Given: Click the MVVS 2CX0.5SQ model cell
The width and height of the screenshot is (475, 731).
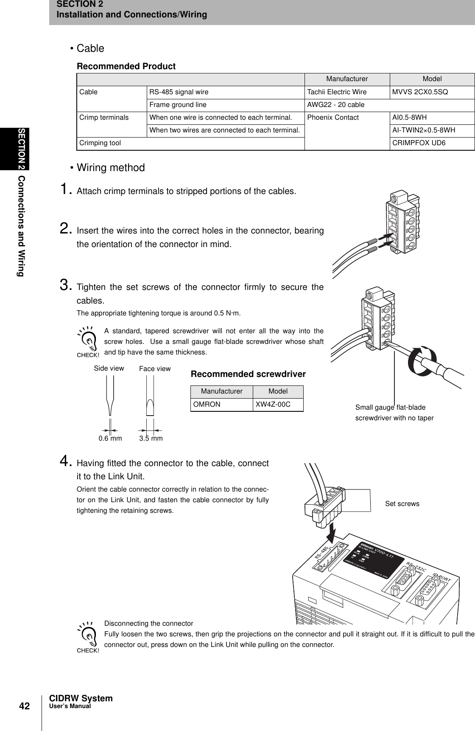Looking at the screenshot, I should (419, 92).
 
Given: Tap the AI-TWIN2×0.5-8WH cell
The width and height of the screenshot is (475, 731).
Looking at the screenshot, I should (424, 130).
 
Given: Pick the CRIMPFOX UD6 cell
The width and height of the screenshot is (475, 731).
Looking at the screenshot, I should (419, 143).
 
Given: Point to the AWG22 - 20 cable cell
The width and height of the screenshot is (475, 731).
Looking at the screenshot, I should (332, 105).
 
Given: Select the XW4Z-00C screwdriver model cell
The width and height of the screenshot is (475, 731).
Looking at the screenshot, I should (273, 405).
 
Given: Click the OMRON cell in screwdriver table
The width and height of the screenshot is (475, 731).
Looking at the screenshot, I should (207, 405).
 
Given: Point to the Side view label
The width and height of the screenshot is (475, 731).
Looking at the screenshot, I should (109, 368).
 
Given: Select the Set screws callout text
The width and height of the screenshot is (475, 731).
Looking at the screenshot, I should (402, 504).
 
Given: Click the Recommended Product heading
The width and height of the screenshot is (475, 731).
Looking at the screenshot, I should (126, 67).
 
